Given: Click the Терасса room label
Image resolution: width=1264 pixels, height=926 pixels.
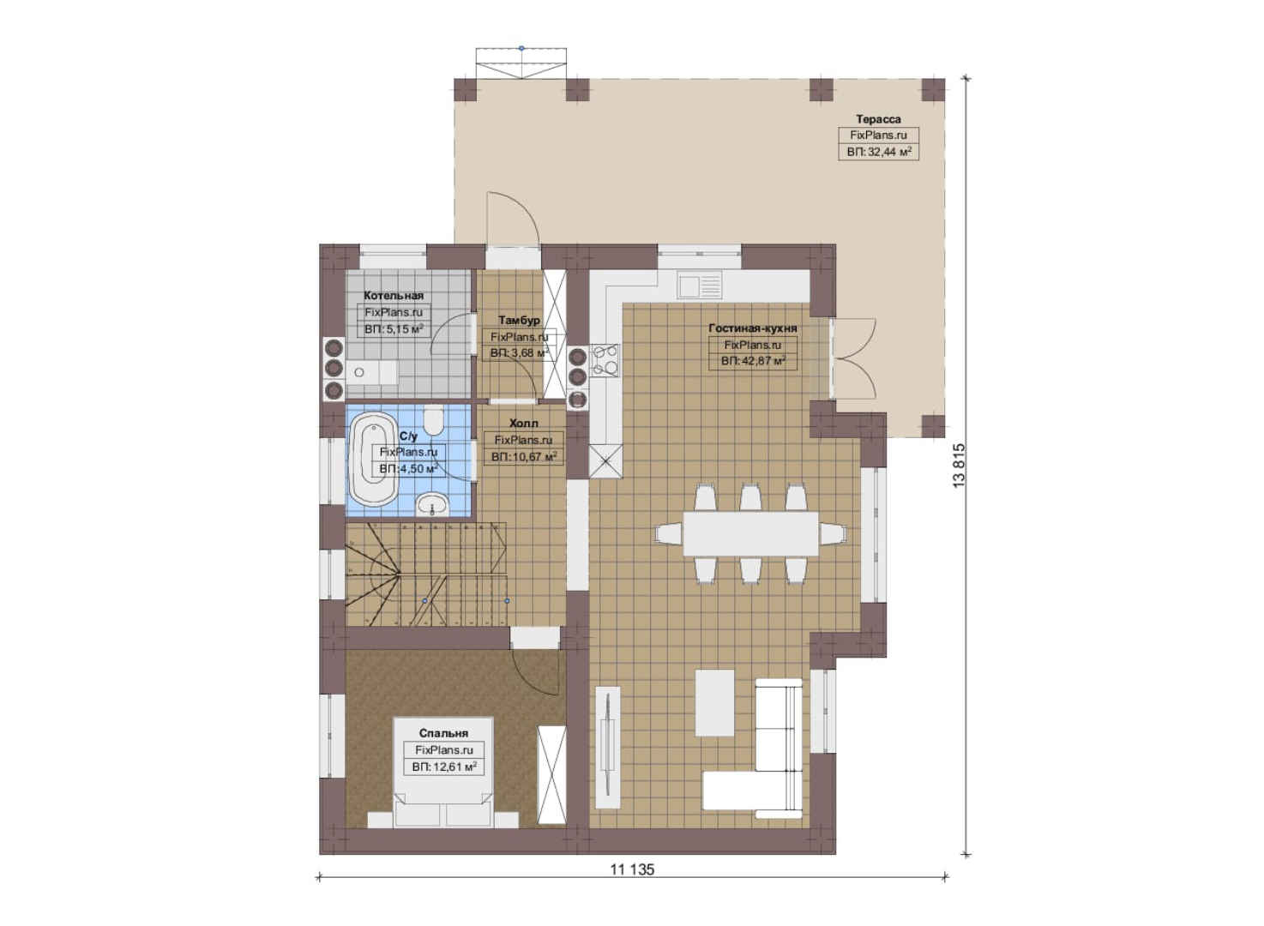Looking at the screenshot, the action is [878, 119].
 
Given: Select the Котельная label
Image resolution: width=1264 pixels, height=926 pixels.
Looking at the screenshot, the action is [394, 295].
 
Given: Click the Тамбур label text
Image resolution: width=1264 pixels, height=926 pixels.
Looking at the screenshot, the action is [519, 320].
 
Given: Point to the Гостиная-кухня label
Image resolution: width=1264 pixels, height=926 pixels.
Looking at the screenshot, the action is [753, 328].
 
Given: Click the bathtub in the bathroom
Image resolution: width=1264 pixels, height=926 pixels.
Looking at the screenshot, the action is [374, 459].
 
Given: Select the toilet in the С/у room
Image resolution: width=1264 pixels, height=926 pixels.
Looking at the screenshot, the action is [433, 420].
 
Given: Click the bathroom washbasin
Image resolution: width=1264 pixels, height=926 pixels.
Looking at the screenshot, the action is [432, 504].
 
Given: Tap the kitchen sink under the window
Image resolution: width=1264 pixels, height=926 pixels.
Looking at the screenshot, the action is [699, 286].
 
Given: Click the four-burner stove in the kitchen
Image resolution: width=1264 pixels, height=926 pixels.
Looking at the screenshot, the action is [605, 360].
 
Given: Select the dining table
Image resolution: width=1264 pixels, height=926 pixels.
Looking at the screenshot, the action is [750, 534].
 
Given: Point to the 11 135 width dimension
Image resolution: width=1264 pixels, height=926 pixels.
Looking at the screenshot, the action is [632, 869].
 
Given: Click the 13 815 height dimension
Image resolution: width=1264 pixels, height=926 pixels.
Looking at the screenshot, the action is [959, 466].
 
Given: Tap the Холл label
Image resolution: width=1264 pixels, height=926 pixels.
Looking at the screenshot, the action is [524, 424].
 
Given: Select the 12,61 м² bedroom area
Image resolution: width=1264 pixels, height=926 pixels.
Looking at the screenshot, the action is [444, 767].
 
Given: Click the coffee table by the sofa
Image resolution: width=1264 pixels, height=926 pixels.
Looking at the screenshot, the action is [714, 702].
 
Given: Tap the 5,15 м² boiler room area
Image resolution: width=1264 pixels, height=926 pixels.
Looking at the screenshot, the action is [394, 329].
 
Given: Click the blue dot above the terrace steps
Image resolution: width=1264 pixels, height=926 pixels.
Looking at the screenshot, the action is [521, 49].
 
